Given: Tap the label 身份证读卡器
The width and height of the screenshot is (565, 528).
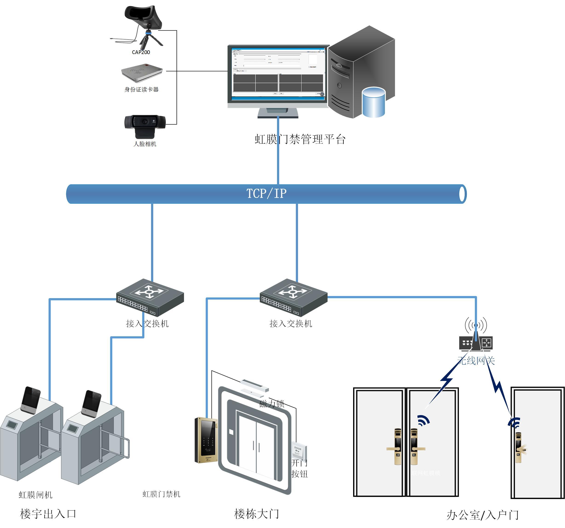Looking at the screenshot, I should pyautogui.click(x=141, y=89).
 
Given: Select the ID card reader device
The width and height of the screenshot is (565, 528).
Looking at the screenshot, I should pyautogui.click(x=142, y=72).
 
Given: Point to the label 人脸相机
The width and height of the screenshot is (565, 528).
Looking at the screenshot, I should pyautogui.click(x=145, y=144).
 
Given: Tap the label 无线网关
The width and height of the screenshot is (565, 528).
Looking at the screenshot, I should pyautogui.click(x=476, y=361).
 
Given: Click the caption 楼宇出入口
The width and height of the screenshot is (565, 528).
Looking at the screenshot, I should pyautogui.click(x=48, y=514).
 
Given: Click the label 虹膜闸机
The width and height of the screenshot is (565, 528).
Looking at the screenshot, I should pyautogui.click(x=35, y=495).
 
